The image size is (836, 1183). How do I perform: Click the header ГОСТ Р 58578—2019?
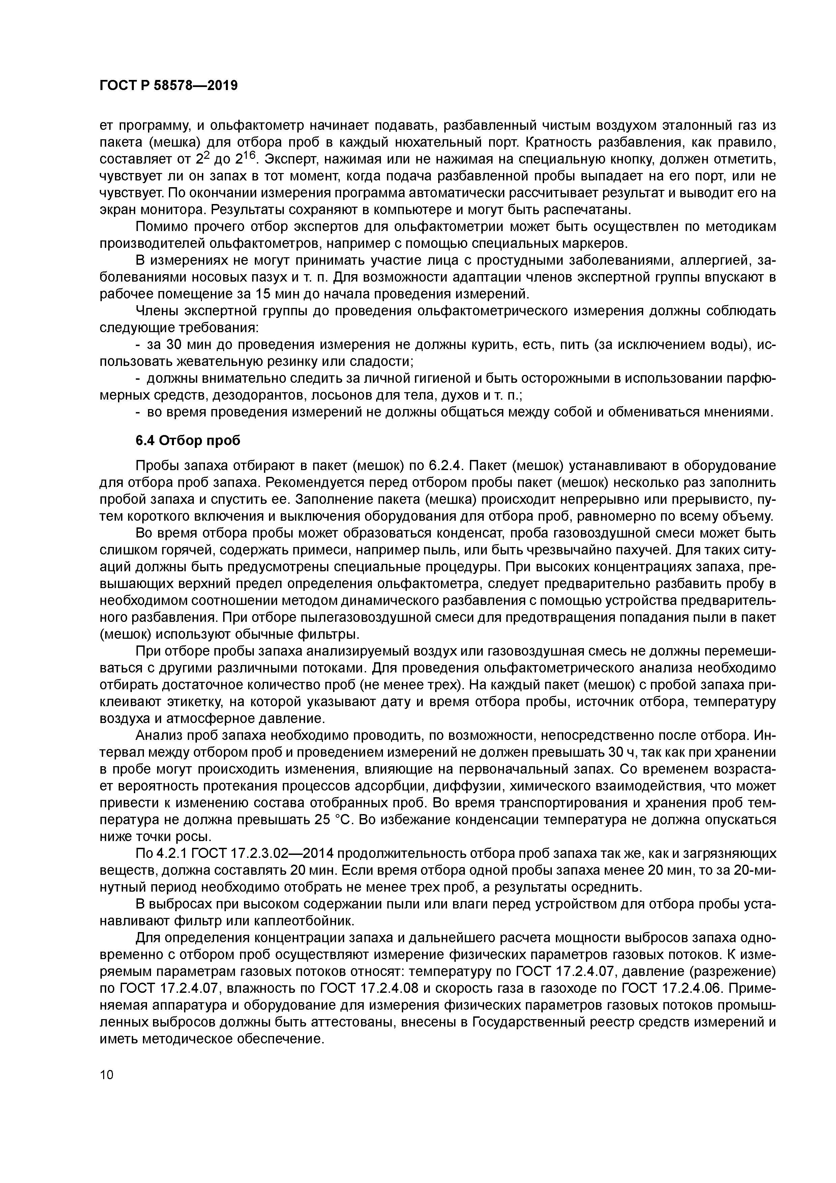point(169,86)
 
